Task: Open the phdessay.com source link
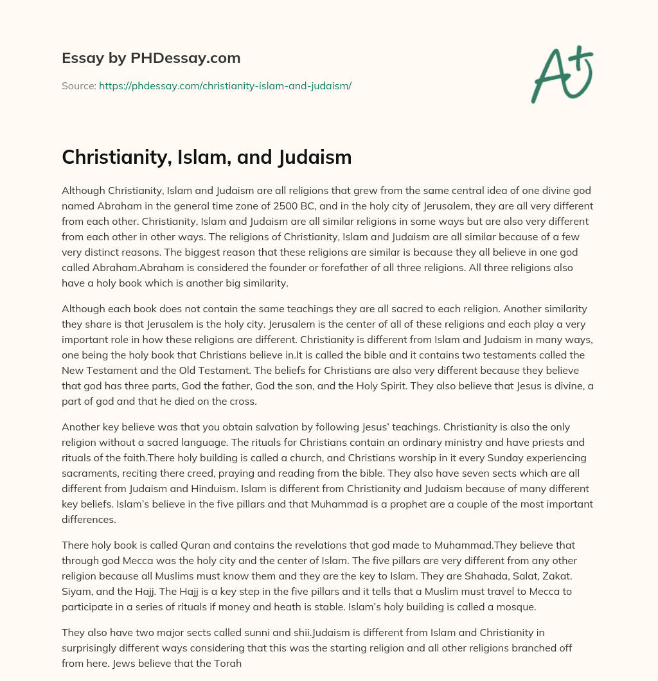tap(225, 85)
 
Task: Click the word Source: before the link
tap(78, 85)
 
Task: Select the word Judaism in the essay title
tap(316, 157)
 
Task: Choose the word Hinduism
tap(258, 488)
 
